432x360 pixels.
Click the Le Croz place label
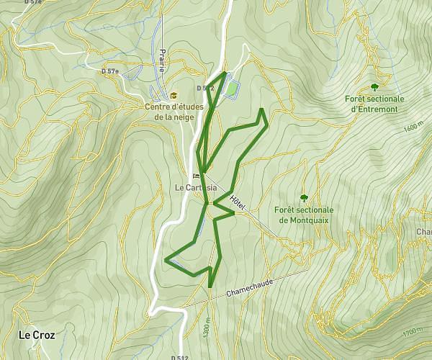[x=36, y=335]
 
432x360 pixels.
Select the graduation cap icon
[x=173, y=95]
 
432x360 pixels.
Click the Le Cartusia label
[x=196, y=187]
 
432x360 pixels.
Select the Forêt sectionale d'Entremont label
[x=374, y=104]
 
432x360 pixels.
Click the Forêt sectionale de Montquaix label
[x=302, y=215]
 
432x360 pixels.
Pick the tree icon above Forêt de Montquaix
[x=303, y=197]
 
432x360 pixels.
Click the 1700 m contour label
[x=413, y=333]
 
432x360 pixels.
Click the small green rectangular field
[x=231, y=89]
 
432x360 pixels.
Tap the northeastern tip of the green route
[x=261, y=109]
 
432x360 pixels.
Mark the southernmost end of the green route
[x=210, y=287]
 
